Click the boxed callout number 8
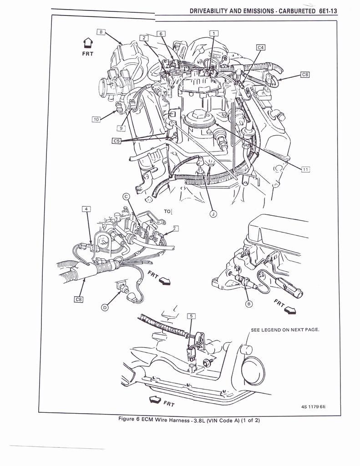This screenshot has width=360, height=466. point(101,32)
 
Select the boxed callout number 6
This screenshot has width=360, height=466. point(162,34)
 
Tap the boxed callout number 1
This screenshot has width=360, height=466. point(214,33)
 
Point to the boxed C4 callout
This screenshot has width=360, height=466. point(260,47)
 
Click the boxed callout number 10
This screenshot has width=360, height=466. point(96,119)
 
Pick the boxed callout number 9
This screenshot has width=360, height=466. point(122,128)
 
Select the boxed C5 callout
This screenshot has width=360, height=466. point(117,141)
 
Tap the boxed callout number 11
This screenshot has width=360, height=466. point(305,169)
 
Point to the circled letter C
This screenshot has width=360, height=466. point(127,197)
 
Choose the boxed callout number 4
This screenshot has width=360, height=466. point(86,209)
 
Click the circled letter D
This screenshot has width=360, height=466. point(105,308)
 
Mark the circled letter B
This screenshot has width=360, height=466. point(249,304)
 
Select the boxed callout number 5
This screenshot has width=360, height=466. point(191,316)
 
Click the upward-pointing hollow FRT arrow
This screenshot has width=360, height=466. point(88,44)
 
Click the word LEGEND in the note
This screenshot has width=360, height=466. point(272,330)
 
